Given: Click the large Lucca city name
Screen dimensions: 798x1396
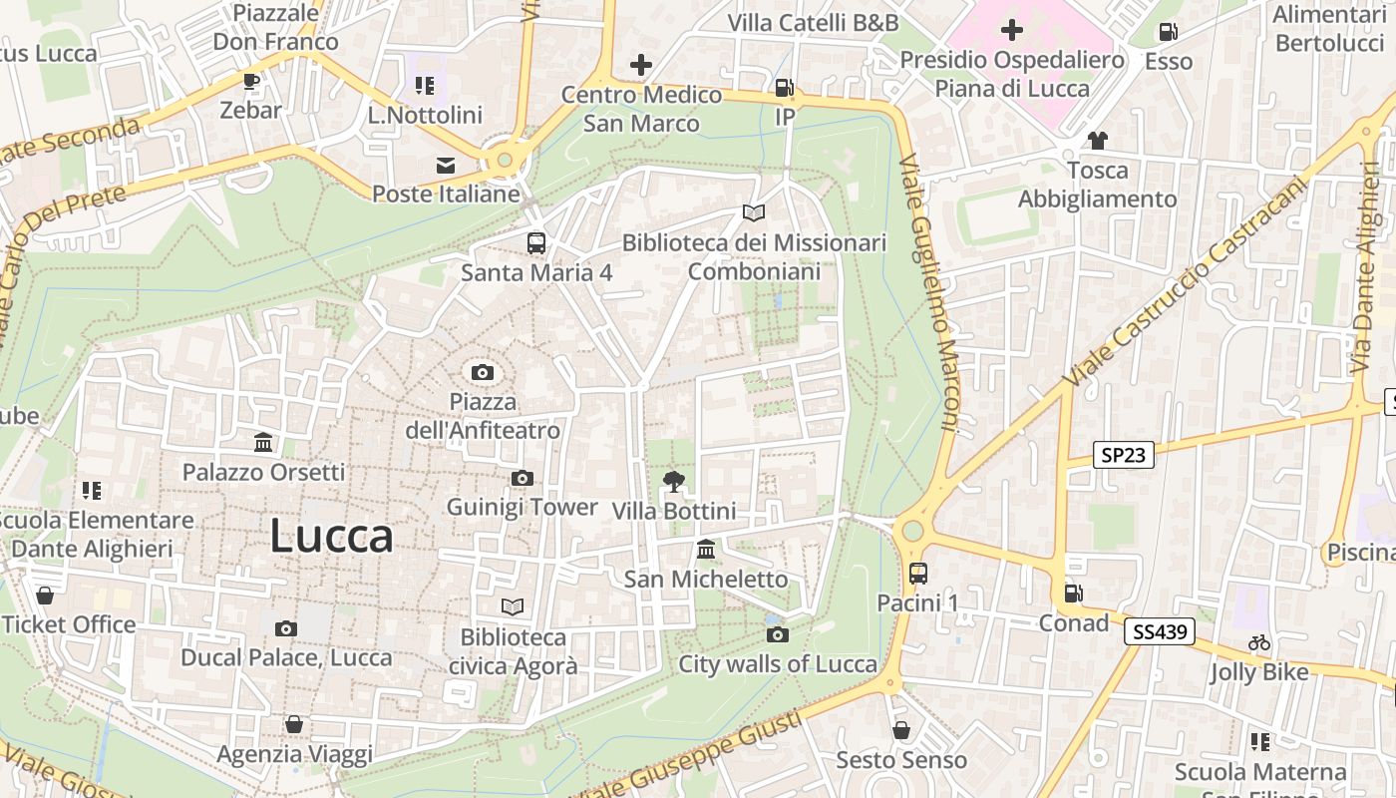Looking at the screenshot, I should click(x=331, y=537).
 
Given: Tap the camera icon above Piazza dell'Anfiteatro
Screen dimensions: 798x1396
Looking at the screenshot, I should click(x=483, y=373).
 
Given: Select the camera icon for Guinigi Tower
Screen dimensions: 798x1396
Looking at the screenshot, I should click(x=522, y=479).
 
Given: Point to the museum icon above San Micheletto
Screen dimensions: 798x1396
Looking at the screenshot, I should click(x=706, y=550).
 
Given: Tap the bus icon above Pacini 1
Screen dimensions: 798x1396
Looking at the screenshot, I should click(x=917, y=574).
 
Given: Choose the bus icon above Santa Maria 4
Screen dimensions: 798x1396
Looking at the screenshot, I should click(x=536, y=242).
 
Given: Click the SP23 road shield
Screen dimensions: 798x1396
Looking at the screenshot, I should click(x=1123, y=456).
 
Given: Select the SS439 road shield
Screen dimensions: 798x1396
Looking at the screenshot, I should click(x=1163, y=631).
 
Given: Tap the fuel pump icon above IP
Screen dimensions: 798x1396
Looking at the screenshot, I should click(x=785, y=88).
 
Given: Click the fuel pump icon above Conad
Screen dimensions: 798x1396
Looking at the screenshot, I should click(x=1073, y=594).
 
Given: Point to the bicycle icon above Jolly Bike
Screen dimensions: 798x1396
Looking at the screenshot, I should click(x=1259, y=643).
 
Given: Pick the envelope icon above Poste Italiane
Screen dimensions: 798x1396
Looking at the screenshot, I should click(x=445, y=165).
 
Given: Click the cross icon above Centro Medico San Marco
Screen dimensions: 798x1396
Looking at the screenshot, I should click(x=640, y=66).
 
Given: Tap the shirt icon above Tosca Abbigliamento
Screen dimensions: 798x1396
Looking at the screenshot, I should click(x=1097, y=141).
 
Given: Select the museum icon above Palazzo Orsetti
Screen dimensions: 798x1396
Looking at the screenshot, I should click(x=263, y=442).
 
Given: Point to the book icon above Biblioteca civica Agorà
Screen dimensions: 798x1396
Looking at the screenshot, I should click(x=513, y=606).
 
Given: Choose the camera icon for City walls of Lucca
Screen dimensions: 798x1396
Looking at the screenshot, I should click(x=778, y=634).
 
